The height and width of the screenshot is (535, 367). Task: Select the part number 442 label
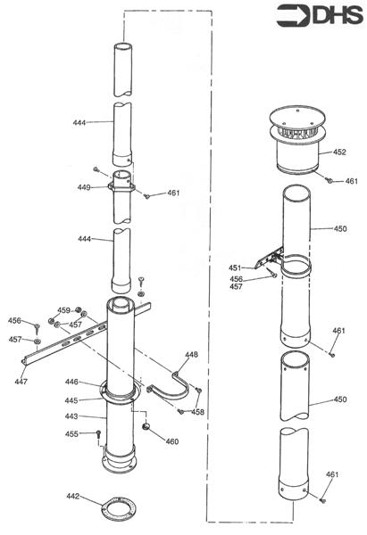coord(74,496)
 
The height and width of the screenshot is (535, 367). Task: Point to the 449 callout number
coord(83,187)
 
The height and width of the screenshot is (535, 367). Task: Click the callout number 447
coord(21,382)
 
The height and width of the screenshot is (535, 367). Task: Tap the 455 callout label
coord(72,433)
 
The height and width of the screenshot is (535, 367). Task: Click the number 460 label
coord(171,441)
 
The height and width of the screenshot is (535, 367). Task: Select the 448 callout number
coord(191,354)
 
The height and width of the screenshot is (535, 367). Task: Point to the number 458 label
coord(196,412)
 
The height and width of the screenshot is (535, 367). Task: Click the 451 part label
coord(235,267)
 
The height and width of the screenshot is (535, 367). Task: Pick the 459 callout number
coord(63,310)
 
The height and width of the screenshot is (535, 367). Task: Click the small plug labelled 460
coord(144,430)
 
